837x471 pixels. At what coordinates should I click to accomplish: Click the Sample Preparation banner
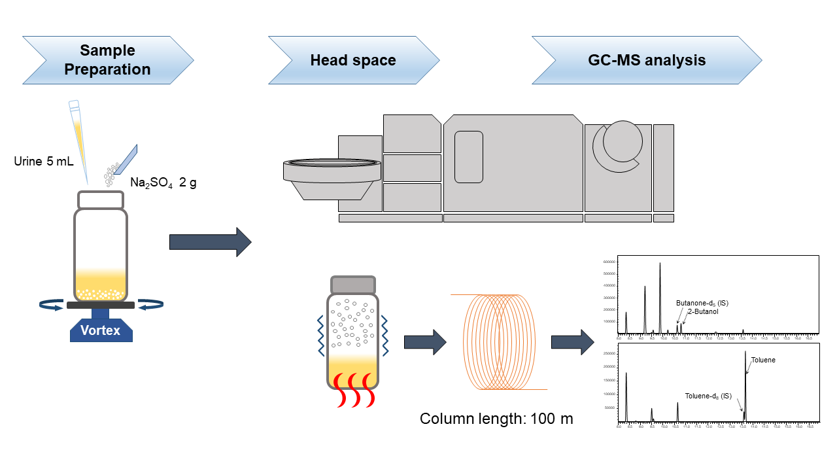coord(108,60)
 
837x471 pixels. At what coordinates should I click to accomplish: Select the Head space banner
coord(353,60)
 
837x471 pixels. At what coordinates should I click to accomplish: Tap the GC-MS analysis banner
coord(646,60)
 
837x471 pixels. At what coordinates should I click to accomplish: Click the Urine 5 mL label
coord(44,161)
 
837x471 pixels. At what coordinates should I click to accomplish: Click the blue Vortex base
coord(101,329)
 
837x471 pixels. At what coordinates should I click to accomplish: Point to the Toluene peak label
coord(762,360)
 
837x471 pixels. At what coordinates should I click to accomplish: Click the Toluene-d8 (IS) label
coord(708,396)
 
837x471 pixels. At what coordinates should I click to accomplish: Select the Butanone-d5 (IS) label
coord(702,303)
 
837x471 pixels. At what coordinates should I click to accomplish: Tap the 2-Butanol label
coord(703,312)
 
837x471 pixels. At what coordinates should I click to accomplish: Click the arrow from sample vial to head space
coord(210,242)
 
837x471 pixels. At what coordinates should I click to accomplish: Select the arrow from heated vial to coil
coord(424,342)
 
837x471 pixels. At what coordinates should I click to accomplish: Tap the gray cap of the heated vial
coord(353,285)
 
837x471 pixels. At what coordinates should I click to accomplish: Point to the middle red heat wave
coord(353,390)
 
